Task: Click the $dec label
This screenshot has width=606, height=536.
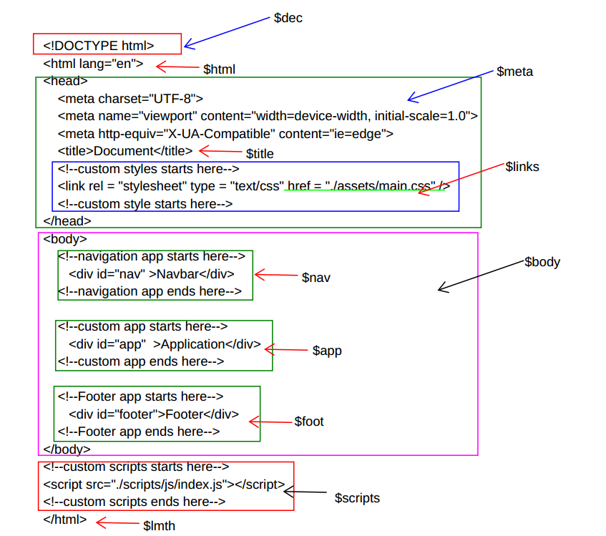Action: tap(288, 18)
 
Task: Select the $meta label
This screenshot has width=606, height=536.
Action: tap(514, 72)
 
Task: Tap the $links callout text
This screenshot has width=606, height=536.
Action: tap(522, 167)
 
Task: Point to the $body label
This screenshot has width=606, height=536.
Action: tap(542, 262)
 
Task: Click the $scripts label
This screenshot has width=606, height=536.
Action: tap(357, 498)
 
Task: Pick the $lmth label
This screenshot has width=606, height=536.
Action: tap(159, 526)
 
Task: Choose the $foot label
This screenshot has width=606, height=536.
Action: tap(309, 422)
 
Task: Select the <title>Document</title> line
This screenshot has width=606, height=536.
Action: tap(125, 151)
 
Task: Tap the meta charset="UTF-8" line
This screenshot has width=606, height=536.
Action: tap(131, 99)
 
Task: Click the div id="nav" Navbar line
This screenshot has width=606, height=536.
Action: tap(152, 274)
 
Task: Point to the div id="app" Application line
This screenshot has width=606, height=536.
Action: tap(165, 344)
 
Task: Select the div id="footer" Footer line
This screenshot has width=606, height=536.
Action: tap(154, 414)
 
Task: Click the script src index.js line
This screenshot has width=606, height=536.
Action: tap(164, 484)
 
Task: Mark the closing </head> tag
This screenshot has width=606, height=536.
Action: tap(67, 221)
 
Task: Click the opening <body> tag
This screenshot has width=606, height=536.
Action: tap(65, 239)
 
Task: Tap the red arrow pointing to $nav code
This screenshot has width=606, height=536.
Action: tap(275, 275)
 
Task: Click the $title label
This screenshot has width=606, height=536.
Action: tap(260, 154)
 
